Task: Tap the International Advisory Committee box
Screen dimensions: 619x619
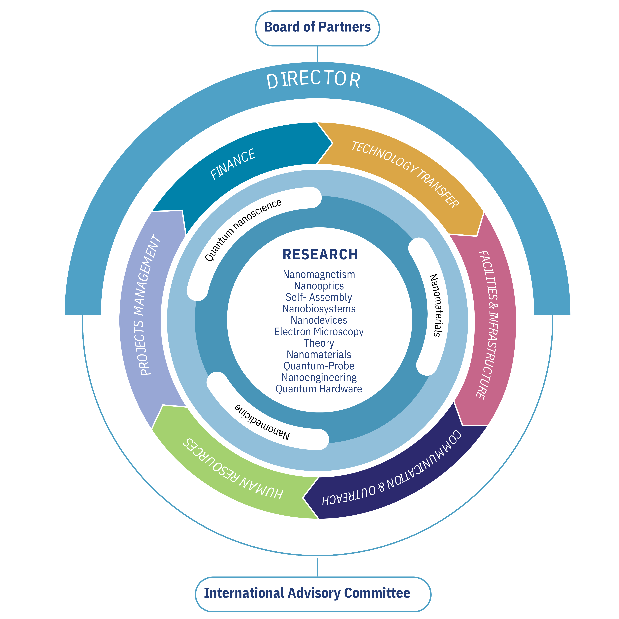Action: (307, 593)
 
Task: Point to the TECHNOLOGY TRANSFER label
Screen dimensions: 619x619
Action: (405, 175)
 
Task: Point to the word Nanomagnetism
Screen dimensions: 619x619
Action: (319, 275)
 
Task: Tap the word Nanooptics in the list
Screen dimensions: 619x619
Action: (319, 286)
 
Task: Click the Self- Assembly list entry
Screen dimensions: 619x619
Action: (319, 297)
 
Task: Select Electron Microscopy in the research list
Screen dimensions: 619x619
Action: (319, 332)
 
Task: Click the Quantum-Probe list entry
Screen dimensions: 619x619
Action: (319, 366)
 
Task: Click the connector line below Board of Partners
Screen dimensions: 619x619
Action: (317, 54)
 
